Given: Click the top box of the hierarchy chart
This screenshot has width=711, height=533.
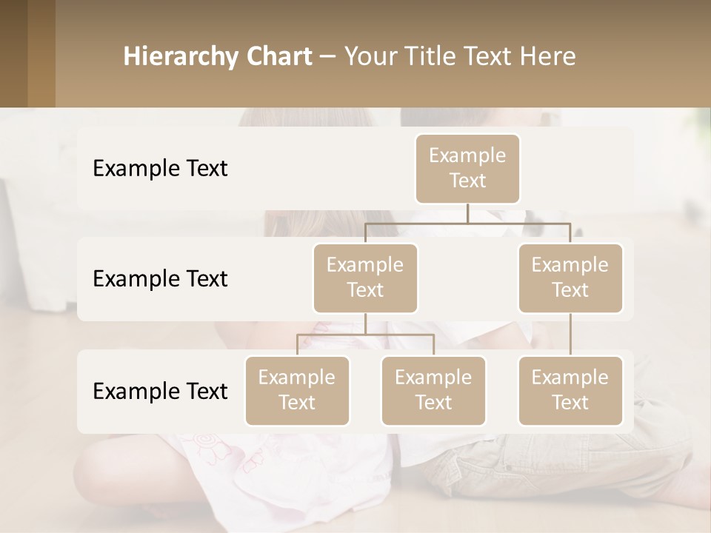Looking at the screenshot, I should click(467, 169).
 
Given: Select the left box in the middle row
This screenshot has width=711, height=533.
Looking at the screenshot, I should click(365, 278).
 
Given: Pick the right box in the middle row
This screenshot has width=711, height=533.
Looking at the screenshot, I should click(570, 278).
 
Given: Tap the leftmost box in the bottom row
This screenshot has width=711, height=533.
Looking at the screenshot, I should click(297, 391).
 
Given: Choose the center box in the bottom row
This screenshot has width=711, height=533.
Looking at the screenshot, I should click(433, 391).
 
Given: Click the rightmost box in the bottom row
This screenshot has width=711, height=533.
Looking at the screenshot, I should click(570, 391).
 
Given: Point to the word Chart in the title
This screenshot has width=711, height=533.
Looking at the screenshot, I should click(276, 57).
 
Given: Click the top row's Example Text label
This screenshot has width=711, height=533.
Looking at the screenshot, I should click(160, 169).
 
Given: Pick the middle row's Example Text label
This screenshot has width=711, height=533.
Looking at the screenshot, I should click(160, 279).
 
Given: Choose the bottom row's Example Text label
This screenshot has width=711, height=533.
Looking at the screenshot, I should click(160, 392).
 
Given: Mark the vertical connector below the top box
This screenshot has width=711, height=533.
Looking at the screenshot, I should click(467, 213).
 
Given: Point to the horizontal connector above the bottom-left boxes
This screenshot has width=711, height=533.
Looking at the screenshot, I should click(365, 335).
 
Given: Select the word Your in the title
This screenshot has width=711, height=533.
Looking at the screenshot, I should click(369, 57).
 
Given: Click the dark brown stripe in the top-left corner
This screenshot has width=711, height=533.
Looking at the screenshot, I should click(13, 53).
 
